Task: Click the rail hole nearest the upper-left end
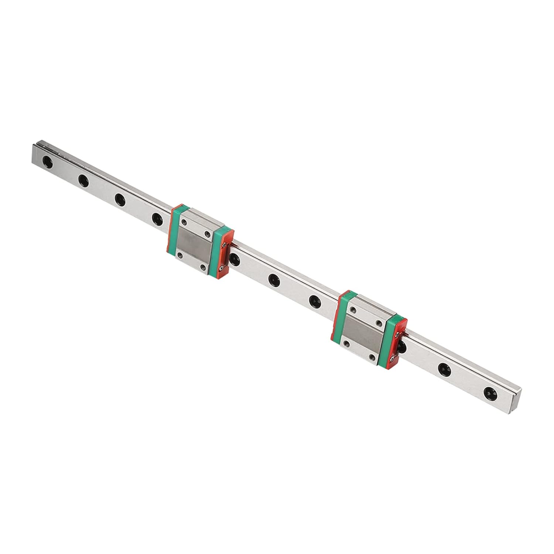(47, 161)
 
